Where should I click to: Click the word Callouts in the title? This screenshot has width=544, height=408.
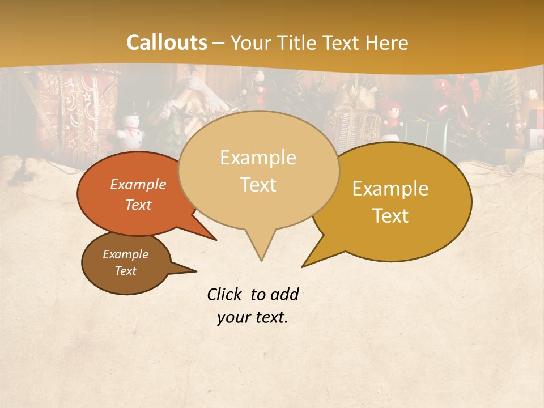tap(167, 42)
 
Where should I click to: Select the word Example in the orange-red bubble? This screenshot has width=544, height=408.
tap(138, 184)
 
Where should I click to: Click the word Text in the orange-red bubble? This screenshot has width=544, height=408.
tap(138, 205)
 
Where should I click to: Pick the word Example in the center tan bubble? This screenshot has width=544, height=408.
tap(258, 158)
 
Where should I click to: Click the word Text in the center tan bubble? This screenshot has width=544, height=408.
tap(258, 185)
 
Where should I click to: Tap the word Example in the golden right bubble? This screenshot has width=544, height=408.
tap(390, 189)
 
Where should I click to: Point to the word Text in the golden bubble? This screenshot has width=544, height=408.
tap(391, 216)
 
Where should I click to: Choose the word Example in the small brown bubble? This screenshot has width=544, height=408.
tap(125, 254)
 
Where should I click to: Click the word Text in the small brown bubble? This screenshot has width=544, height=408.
tap(125, 271)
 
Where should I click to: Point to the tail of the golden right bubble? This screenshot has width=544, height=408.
tap(309, 262)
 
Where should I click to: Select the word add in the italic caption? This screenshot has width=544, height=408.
tap(284, 295)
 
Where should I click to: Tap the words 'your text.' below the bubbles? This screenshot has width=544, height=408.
tap(252, 317)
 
